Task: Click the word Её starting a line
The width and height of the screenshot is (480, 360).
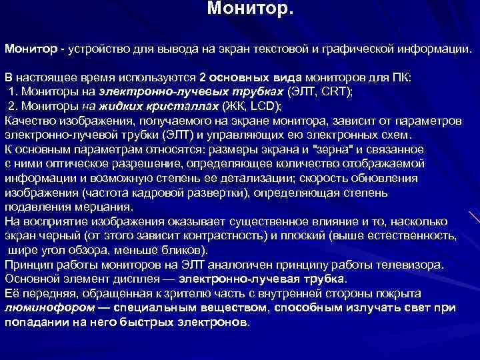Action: (12, 293)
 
